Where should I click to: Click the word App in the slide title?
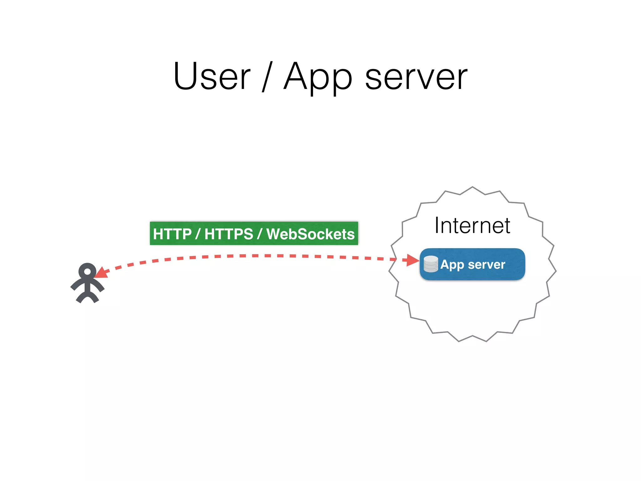coord(318,77)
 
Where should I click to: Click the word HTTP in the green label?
coord(172,234)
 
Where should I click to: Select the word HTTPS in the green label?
coord(229,234)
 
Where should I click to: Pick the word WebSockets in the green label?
coord(310,234)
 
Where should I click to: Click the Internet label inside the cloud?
coord(472,225)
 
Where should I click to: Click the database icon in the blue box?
coord(431,264)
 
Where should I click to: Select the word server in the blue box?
coord(486,265)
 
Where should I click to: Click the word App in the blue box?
coord(452,265)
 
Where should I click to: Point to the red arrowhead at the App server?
coord(413,260)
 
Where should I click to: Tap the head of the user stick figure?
coord(87,271)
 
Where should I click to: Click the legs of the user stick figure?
coord(87,297)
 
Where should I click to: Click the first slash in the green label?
coord(197,234)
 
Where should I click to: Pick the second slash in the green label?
coord(259,234)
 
